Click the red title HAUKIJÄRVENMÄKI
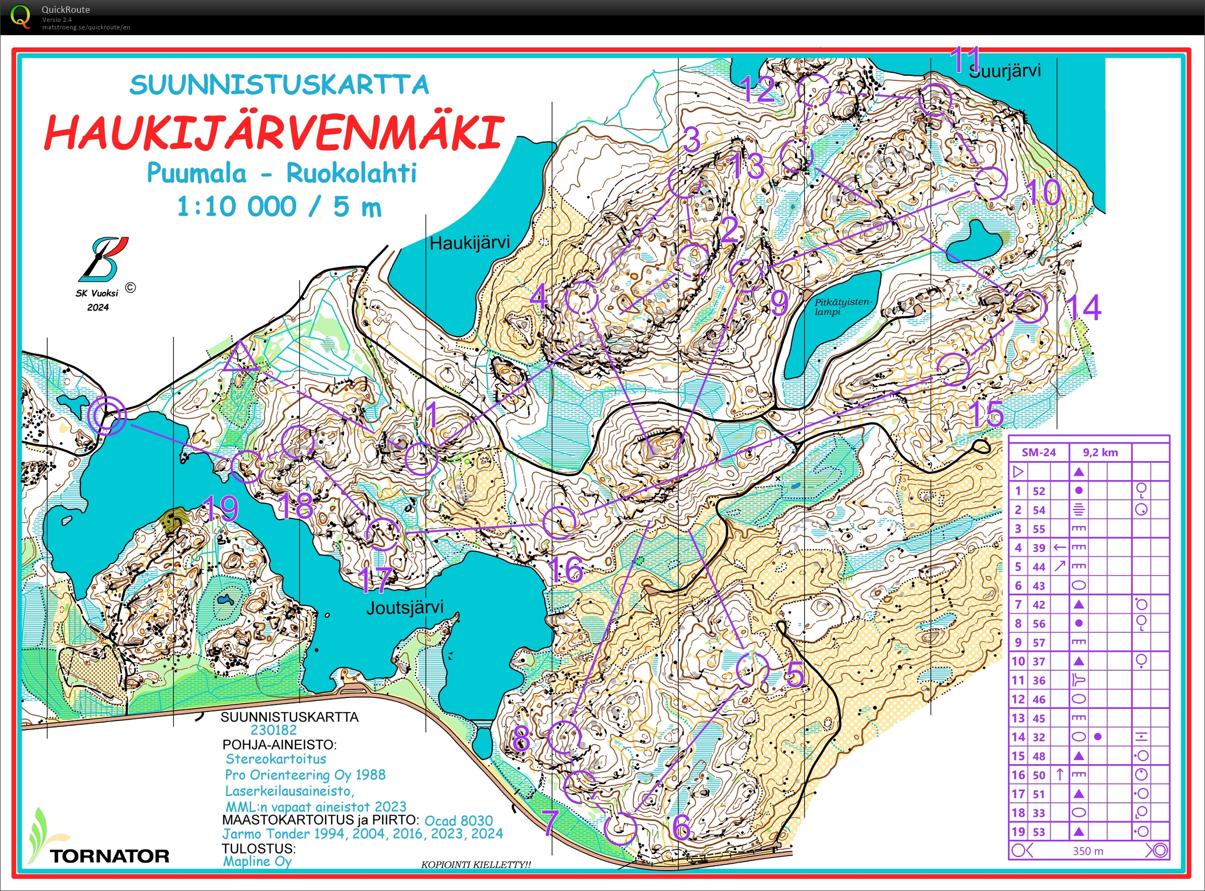click(x=274, y=132)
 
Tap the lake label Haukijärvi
click(x=469, y=243)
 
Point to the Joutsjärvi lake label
click(x=405, y=607)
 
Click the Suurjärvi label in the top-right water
click(x=1005, y=71)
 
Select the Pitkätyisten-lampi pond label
click(x=842, y=307)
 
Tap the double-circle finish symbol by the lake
click(x=107, y=415)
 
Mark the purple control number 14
click(x=1084, y=308)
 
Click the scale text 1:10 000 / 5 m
click(x=279, y=206)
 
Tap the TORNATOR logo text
click(x=110, y=856)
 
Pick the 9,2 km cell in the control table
click(x=1100, y=453)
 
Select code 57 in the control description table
click(x=1038, y=642)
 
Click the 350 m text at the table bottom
click(x=1087, y=851)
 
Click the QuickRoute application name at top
click(x=66, y=9)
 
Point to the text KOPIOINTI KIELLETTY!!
click(x=476, y=865)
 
